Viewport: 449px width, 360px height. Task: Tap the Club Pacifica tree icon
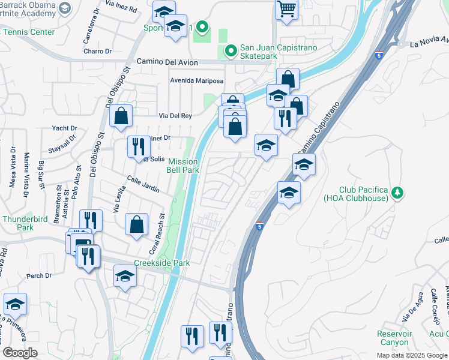396,193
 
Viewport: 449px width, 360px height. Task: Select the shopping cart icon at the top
288,9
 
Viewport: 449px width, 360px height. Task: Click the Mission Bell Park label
182,166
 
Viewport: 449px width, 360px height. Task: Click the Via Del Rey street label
174,115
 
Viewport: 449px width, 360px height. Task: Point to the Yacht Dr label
64,128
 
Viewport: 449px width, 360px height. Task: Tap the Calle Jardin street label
142,185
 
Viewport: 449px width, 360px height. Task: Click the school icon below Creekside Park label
125,276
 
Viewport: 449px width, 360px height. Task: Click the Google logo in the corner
20,352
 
